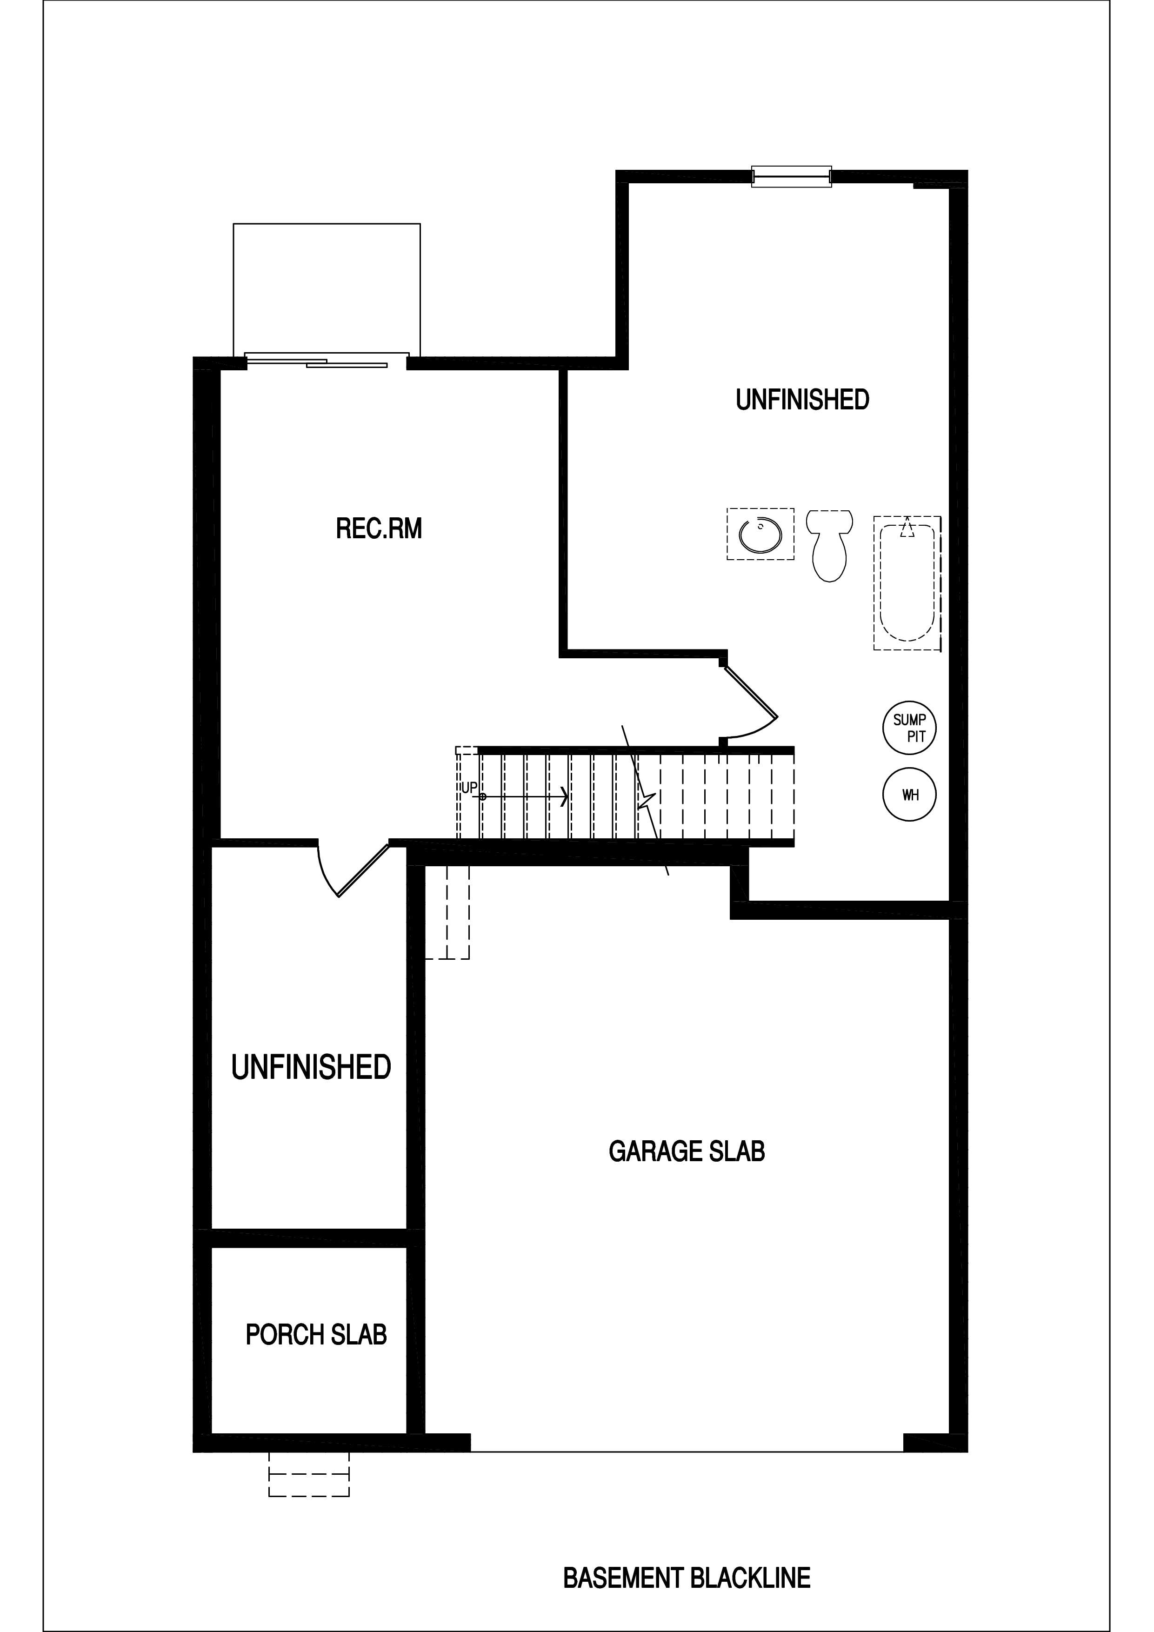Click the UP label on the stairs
pos(469,788)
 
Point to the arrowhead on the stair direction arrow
pos(564,797)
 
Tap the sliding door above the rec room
pos(327,361)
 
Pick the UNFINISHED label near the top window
pos(802,400)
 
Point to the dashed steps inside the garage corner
pos(447,913)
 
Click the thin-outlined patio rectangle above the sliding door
pos(327,288)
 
